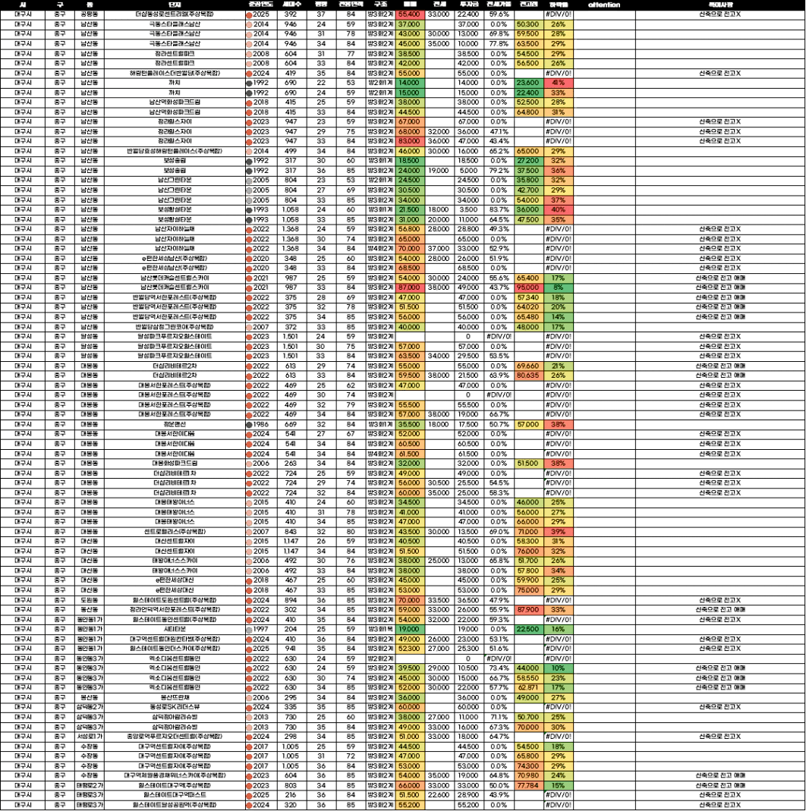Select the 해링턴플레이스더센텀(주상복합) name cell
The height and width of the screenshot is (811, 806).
click(x=175, y=73)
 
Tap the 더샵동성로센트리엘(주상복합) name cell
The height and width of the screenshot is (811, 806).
click(x=175, y=14)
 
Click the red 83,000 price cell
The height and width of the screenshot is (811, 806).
click(x=409, y=141)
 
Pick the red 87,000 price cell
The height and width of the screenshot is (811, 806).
click(x=409, y=288)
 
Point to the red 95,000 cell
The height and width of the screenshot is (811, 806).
click(x=527, y=288)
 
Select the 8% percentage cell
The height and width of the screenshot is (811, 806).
click(x=559, y=288)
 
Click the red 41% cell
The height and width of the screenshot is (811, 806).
click(x=559, y=83)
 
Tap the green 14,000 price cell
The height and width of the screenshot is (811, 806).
click(x=409, y=83)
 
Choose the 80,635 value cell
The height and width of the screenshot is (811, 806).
click(x=527, y=375)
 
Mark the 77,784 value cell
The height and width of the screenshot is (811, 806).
click(x=527, y=785)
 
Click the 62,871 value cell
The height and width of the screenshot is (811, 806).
click(x=527, y=687)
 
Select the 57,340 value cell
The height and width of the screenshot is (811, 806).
click(x=527, y=297)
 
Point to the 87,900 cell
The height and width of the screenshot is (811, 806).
click(x=527, y=609)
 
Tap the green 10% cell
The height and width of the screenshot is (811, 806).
click(x=559, y=668)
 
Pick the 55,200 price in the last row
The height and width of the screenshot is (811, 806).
click(x=409, y=804)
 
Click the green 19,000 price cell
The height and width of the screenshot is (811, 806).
click(x=409, y=629)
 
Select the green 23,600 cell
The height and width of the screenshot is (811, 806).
click(x=527, y=83)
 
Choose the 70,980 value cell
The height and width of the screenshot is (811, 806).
click(x=527, y=775)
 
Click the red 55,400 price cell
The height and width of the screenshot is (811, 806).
click(x=409, y=14)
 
